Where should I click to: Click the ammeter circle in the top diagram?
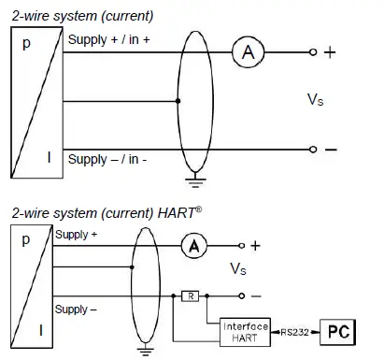pyautogui.click(x=248, y=53)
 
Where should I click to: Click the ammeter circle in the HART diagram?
pyautogui.click(x=192, y=245)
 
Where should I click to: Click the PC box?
pyautogui.click(x=339, y=330)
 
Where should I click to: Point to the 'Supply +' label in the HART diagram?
pyautogui.click(x=75, y=235)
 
